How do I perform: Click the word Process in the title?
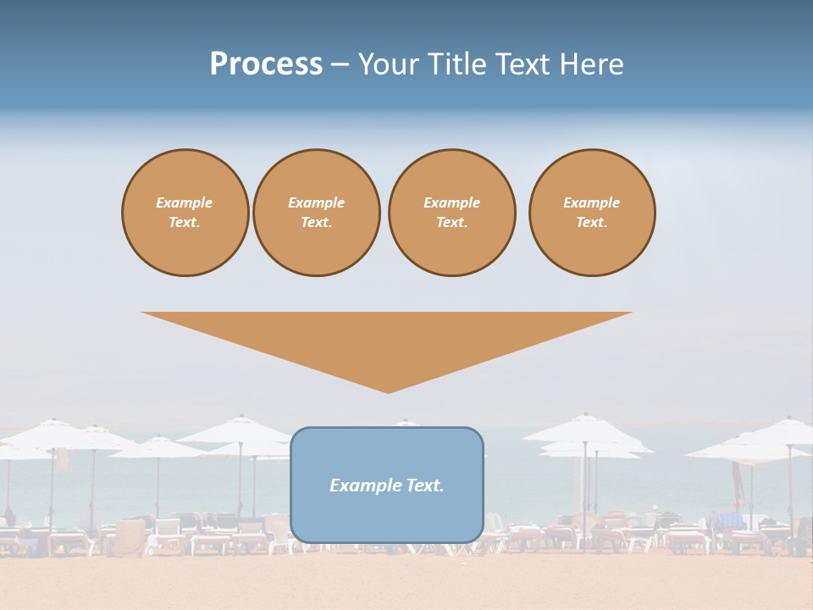pos(266,64)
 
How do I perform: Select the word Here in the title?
pos(590,64)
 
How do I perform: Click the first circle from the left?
pos(185,213)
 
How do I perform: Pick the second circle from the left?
pos(317,213)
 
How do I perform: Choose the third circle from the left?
pos(451,213)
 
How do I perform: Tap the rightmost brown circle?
pos(592,213)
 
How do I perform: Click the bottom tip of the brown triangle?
pos(388,391)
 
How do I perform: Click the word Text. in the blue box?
pos(426,485)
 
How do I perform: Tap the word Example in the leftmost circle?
pos(185,202)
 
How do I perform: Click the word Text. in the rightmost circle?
pos(592,223)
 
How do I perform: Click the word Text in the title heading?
pos(523,64)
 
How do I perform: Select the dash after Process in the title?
pos(340,64)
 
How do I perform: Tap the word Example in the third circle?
pos(451,202)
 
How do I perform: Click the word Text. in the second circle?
pos(317,223)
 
